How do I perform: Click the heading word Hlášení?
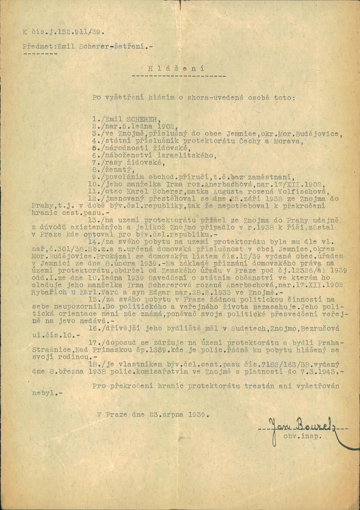(176, 69)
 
